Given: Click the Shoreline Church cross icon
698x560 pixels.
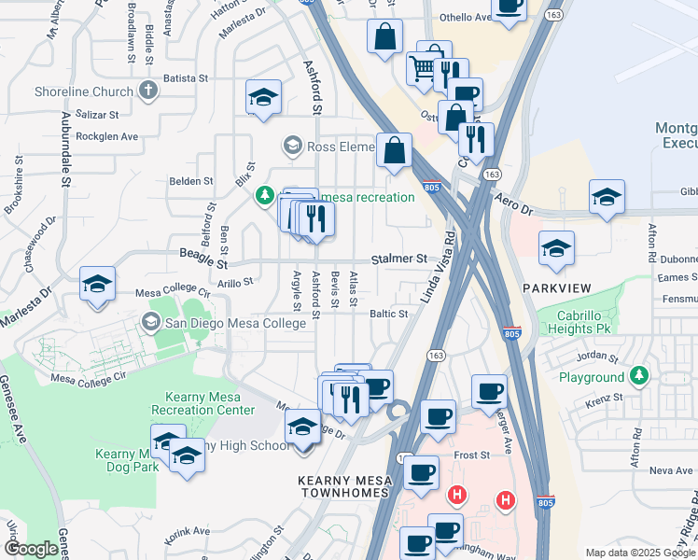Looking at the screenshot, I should (147, 91).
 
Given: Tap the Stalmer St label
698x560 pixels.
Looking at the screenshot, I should (398, 258).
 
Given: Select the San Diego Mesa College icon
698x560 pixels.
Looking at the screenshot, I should (149, 323).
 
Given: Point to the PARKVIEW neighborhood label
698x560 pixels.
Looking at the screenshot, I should (558, 287).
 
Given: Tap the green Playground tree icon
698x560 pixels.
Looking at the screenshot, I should (638, 376).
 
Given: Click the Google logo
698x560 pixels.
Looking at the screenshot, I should (31, 549).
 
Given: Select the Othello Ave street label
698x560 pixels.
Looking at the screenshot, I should (465, 18).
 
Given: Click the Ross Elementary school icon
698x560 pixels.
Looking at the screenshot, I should (293, 146).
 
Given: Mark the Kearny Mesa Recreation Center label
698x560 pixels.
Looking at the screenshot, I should (202, 403).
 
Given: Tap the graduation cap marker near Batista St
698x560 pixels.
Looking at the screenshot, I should (263, 97).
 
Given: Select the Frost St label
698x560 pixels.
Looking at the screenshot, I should (472, 455).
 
